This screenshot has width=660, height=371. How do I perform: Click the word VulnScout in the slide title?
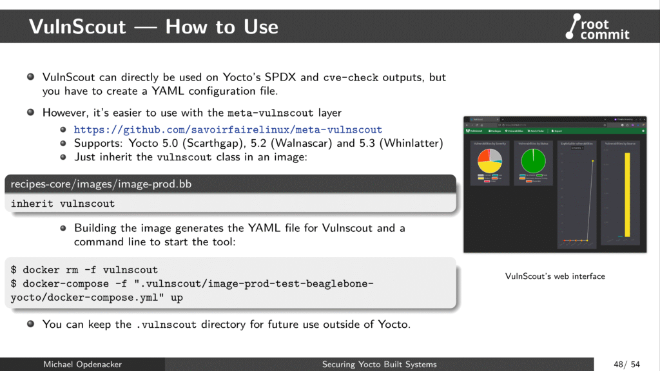click(77, 27)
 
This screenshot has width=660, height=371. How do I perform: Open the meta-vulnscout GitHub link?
click(228, 129)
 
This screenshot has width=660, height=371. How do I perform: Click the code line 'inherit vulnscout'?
click(63, 204)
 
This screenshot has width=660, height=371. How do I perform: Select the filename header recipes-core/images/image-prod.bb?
click(101, 184)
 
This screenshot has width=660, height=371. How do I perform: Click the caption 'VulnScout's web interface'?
click(555, 276)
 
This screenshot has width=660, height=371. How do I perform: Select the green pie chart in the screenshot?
click(533, 161)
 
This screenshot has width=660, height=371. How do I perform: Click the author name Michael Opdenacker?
click(82, 365)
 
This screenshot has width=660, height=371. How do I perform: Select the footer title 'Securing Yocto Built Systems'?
click(379, 365)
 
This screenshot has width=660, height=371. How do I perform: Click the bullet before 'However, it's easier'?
click(30, 112)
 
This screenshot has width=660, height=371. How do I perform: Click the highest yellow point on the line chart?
click(592, 161)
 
